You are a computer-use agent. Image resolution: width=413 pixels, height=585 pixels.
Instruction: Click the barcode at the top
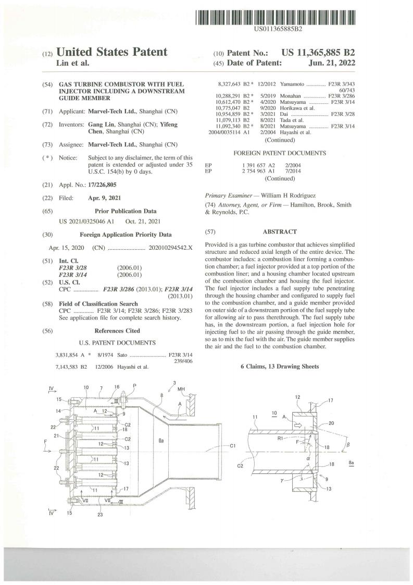[x=275, y=18]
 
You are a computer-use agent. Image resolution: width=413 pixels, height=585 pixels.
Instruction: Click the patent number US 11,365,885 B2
[x=318, y=53]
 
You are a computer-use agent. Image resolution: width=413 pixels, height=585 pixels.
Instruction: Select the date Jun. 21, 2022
[x=332, y=63]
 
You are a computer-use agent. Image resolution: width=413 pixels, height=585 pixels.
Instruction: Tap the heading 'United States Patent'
[x=111, y=52]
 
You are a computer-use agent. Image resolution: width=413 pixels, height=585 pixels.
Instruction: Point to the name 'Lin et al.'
[x=73, y=63]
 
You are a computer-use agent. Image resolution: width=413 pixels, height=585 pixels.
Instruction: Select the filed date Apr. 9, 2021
[x=104, y=198]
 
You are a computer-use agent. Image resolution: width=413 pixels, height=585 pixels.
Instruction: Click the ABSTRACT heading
[x=280, y=231]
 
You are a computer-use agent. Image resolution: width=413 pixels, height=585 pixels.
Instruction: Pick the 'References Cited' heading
[x=117, y=331]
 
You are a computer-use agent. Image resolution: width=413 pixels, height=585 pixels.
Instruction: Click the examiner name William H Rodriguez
[x=289, y=196]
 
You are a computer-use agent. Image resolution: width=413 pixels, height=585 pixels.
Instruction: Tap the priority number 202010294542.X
[x=170, y=248]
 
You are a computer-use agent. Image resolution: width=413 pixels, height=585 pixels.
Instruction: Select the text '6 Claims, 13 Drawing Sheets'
[x=280, y=367]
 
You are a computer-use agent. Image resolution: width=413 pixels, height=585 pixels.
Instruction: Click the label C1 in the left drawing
[x=233, y=445]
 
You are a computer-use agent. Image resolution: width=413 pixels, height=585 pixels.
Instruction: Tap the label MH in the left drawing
[x=181, y=389]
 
